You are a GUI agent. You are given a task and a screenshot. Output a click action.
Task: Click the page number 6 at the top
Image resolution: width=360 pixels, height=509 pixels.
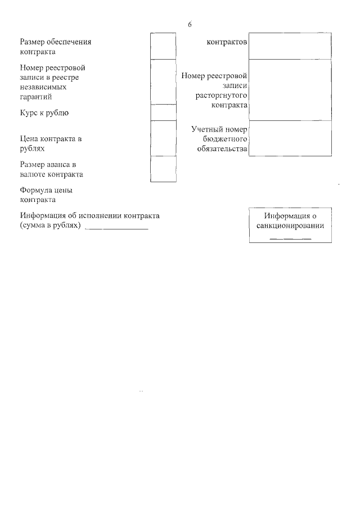(190, 24)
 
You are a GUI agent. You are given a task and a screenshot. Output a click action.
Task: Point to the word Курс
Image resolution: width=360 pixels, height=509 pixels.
(29, 113)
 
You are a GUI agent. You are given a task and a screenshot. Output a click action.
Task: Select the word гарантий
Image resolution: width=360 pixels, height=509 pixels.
(35, 97)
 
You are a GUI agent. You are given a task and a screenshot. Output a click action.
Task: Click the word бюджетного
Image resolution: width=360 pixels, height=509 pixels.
(224, 139)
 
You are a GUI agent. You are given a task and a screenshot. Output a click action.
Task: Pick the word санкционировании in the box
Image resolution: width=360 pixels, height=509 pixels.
(290, 227)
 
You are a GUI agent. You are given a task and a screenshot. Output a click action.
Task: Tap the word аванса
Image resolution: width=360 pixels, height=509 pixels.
(57, 165)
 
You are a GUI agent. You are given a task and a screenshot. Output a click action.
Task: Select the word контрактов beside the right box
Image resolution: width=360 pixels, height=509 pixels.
(227, 42)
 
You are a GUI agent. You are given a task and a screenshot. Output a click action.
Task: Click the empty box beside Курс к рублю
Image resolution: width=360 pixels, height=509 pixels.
(164, 112)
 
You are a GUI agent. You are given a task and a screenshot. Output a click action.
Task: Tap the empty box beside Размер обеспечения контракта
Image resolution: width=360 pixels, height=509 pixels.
(164, 46)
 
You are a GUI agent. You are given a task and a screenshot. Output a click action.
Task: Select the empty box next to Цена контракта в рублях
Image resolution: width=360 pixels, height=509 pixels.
(164, 138)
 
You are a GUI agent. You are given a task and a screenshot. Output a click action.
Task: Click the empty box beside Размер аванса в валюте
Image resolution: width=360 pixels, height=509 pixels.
(164, 169)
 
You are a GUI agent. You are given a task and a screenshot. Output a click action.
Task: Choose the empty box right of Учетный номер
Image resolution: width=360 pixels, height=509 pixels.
(290, 138)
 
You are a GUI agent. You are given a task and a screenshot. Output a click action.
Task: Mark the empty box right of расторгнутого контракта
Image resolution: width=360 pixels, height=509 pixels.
(290, 90)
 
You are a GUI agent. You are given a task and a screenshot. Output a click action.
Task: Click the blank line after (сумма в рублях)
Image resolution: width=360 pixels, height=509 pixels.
(116, 227)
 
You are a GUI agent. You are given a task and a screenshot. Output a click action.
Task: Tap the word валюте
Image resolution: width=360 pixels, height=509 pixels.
(33, 174)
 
